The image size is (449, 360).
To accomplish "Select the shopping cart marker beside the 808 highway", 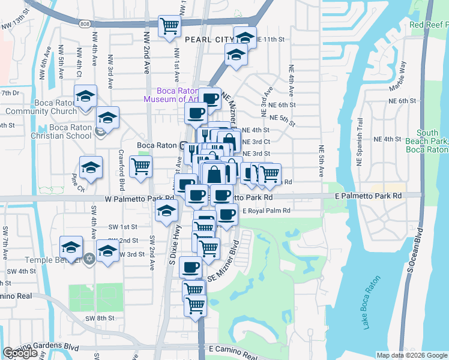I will pos(170,26).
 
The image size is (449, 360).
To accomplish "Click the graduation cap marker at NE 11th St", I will pos(245,37).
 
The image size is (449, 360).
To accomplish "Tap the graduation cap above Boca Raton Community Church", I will pos(86,95).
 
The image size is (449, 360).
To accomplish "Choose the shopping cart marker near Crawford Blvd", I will pos(140,166).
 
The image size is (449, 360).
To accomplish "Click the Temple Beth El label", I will pos(52,260).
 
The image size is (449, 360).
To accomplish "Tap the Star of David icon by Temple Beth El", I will pos(89,259).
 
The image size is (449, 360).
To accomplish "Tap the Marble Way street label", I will pos(398,75).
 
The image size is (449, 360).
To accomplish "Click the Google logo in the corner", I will pos(20,353).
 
